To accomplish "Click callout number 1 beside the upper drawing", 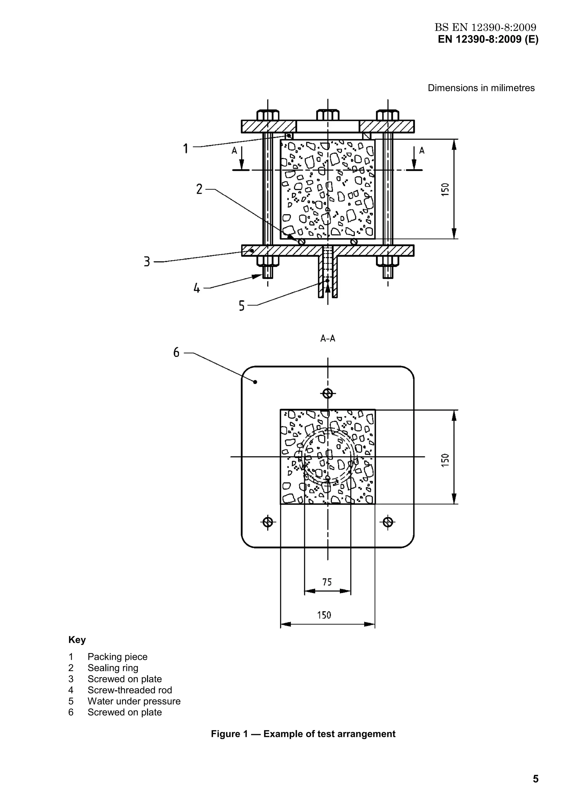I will coord(185,149).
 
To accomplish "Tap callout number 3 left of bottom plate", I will coord(147,262).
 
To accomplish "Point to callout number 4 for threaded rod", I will coord(197,289).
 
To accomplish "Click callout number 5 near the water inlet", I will coord(242,306).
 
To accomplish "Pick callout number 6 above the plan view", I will coord(176,352).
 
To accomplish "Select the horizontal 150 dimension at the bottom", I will coord(324,615).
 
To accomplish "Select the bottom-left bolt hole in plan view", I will coord(268,522).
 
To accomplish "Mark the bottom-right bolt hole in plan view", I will coord(388,522).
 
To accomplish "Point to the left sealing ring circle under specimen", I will coord(302,242).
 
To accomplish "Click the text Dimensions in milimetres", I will coord(481,88).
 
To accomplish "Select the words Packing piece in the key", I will coord(117,657).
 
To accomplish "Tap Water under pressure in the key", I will coord(134,701).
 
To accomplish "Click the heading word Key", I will coord(77,640).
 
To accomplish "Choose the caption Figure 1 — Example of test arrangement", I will coord(303,734).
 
